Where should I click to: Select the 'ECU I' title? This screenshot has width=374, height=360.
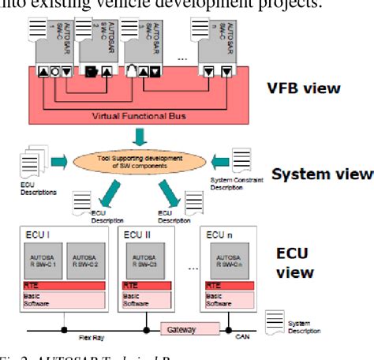[36, 234]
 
